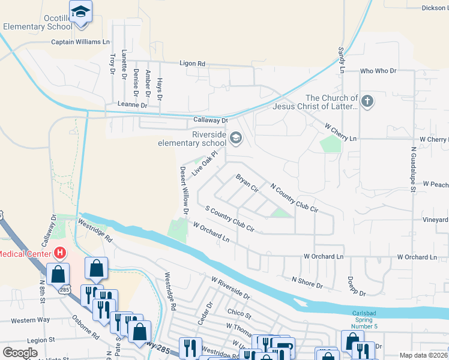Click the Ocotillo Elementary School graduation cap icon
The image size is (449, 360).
(x=80, y=11)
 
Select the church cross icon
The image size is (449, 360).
(x=367, y=101)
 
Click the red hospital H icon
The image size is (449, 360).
(x=59, y=253)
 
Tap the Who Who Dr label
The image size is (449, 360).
(x=378, y=71)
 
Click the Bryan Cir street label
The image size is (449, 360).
(x=247, y=183)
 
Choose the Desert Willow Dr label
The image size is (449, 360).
(x=184, y=190)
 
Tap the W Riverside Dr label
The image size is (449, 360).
(x=231, y=287)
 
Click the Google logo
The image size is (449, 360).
(x=20, y=352)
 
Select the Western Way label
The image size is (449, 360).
(x=30, y=320)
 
